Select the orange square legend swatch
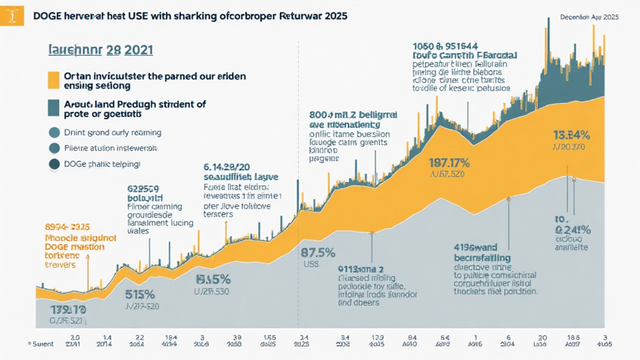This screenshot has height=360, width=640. [x=54, y=81]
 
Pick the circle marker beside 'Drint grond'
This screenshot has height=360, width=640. [x=54, y=132]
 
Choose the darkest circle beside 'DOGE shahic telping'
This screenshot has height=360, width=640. [x=54, y=164]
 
